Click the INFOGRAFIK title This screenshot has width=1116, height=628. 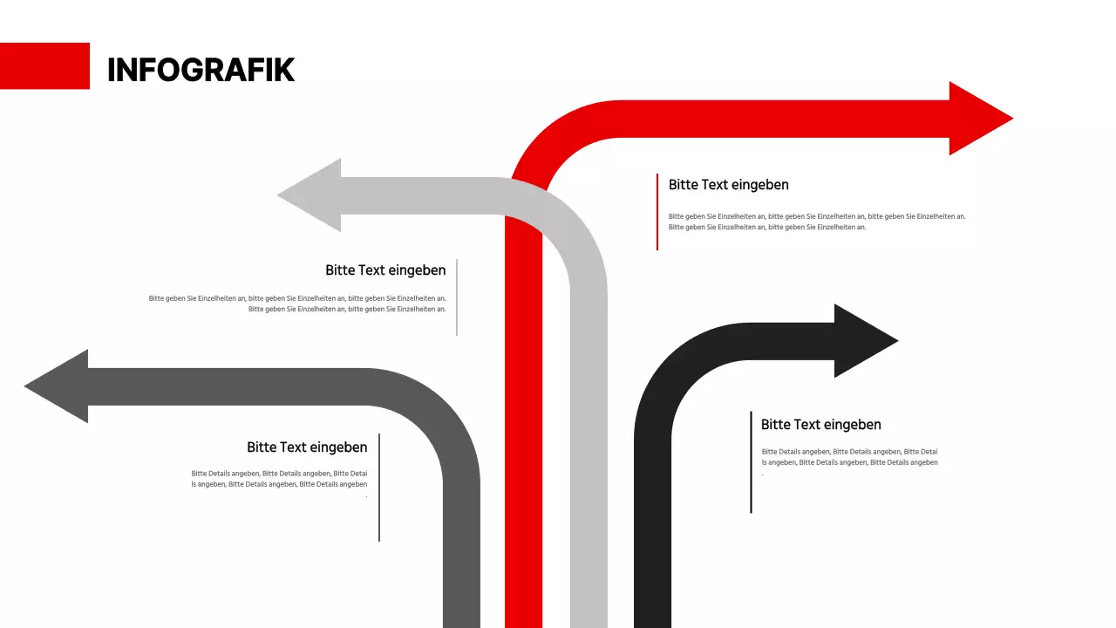201,70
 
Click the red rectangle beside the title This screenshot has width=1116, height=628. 44,65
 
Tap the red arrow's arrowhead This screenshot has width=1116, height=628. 976,119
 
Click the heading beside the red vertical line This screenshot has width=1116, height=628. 728,185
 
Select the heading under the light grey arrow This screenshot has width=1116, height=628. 385,270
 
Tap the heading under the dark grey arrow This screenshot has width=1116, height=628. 307,447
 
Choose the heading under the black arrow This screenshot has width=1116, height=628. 820,425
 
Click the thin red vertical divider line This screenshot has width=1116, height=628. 657,212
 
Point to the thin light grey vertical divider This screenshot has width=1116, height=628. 456,297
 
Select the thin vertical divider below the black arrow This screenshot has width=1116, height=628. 751,462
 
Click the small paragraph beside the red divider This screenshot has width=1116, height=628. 816,222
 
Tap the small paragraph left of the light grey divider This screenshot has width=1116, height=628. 297,304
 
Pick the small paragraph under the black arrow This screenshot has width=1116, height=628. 849,457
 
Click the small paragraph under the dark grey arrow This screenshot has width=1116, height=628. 279,479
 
